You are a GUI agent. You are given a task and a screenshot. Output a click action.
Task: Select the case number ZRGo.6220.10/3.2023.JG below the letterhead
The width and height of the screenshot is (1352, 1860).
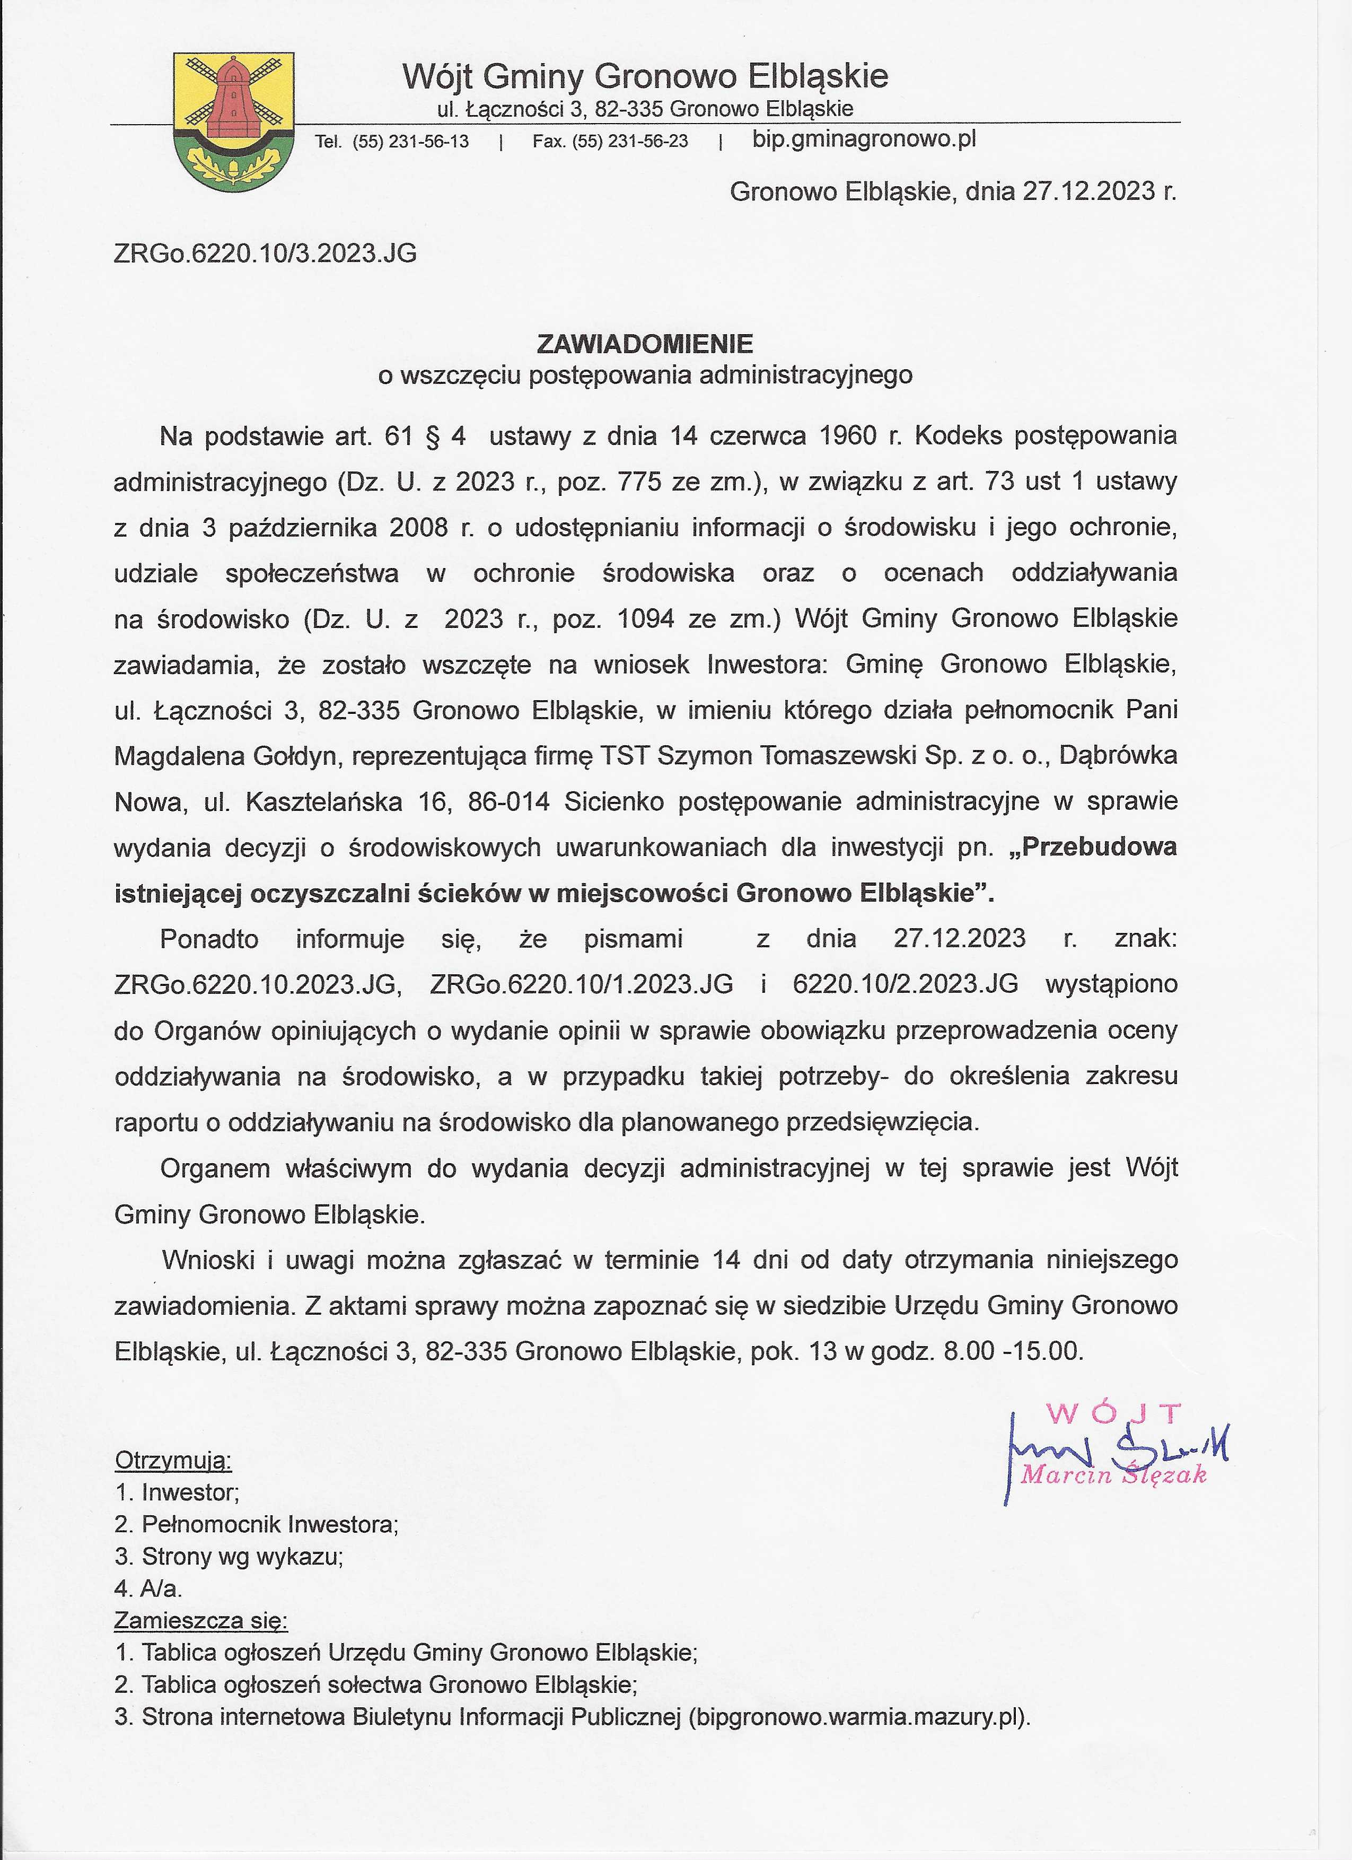pyautogui.click(x=265, y=254)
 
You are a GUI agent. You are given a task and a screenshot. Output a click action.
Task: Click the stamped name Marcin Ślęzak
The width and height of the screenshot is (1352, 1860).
pyautogui.click(x=1112, y=1475)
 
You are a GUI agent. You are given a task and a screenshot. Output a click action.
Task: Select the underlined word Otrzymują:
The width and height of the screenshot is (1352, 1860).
pyautogui.click(x=173, y=1460)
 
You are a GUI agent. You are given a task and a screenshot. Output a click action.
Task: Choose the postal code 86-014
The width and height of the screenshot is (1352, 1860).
pyautogui.click(x=508, y=801)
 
